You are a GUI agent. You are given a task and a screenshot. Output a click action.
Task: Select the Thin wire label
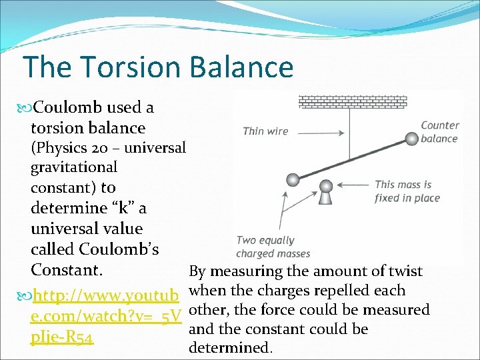click(x=265, y=131)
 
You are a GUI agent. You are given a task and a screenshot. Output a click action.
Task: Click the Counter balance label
click(x=439, y=132)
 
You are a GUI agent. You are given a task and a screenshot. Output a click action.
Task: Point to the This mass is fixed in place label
click(x=407, y=191)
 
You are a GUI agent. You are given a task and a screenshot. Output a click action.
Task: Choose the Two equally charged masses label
click(x=265, y=247)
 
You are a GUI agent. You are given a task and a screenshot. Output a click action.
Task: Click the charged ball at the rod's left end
click(x=293, y=179)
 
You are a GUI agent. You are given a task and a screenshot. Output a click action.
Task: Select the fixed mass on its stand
click(x=326, y=193)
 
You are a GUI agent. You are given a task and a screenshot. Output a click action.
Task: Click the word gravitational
click(x=73, y=167)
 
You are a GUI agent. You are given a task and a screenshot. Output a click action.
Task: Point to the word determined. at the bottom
click(x=231, y=347)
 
